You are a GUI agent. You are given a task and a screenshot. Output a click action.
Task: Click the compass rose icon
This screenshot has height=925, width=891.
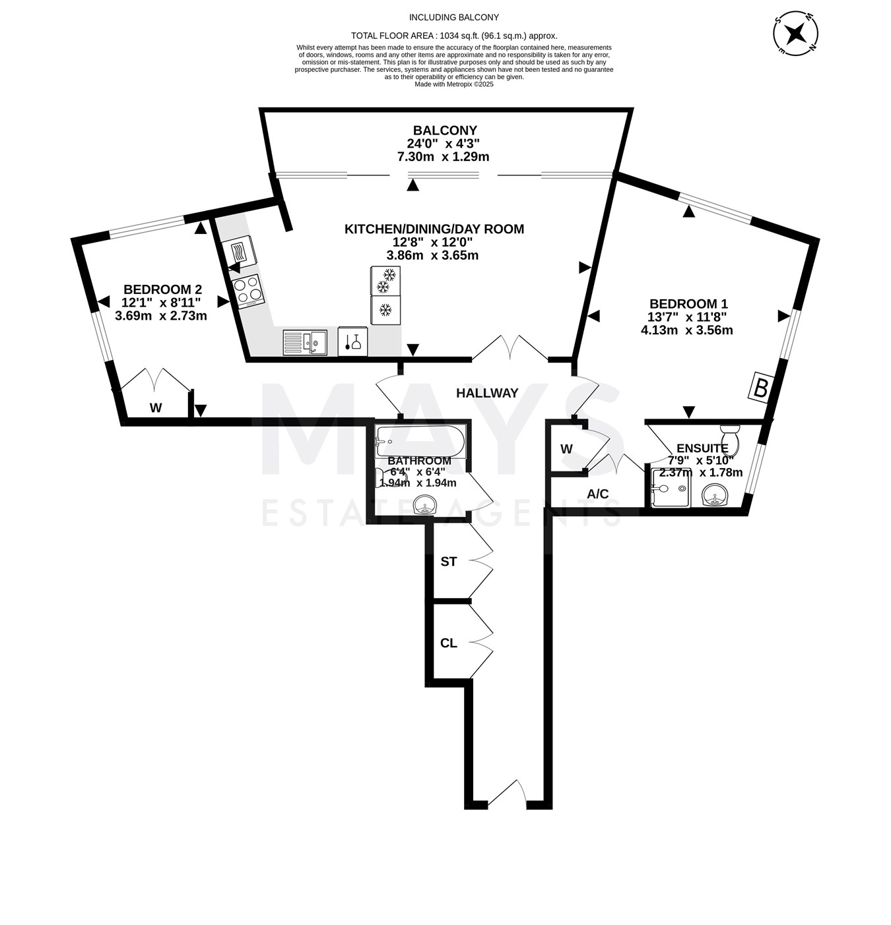click(795, 34)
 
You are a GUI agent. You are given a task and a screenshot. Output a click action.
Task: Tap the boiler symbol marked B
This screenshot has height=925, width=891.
click(760, 388)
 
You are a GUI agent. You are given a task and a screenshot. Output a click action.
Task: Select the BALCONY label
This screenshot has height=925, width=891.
click(445, 131)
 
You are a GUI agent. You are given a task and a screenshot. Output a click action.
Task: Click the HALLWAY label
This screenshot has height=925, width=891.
click(487, 393)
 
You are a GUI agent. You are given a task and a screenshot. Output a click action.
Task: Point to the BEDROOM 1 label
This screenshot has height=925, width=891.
click(688, 303)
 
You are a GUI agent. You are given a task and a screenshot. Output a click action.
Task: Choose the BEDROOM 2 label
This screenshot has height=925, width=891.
click(163, 289)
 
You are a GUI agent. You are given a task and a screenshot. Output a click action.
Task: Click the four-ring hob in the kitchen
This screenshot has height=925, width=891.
click(247, 291)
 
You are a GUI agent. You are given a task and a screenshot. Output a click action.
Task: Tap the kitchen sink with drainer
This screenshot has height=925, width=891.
click(305, 342)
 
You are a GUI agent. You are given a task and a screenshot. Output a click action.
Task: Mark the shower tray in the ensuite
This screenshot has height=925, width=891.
click(670, 488)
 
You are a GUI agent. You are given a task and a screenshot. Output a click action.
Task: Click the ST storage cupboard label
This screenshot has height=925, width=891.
click(448, 561)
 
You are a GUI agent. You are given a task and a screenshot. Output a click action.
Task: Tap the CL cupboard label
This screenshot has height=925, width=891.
click(448, 643)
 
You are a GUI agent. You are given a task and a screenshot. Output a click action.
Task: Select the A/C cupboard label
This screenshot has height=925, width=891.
click(597, 494)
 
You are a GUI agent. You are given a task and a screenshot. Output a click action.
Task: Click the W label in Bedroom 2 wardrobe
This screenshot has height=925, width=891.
click(156, 407)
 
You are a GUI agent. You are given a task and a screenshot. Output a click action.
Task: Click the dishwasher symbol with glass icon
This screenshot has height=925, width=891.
click(352, 342)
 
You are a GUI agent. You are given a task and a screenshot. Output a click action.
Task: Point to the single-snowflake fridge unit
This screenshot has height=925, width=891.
click(385, 311)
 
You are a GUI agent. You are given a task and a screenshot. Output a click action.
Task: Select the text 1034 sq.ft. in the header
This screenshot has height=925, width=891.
click(460, 36)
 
